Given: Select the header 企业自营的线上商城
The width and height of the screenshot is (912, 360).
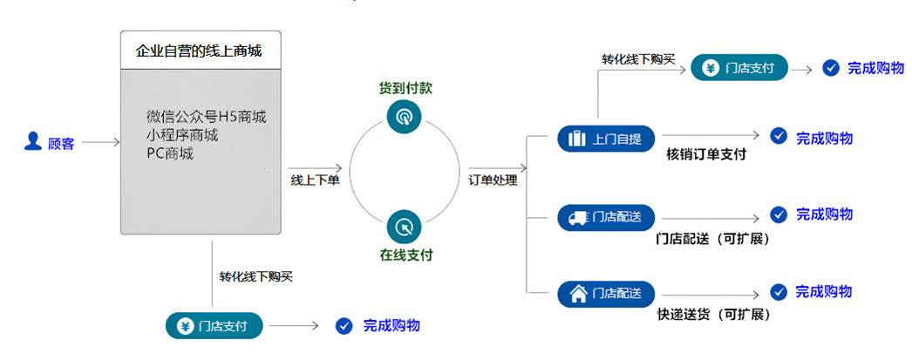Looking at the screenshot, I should click(200, 51).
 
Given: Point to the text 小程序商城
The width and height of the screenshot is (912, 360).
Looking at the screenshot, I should click(182, 135).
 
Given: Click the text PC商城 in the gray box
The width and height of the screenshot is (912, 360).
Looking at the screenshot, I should click(170, 153).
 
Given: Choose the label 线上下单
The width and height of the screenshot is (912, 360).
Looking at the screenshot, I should click(314, 180).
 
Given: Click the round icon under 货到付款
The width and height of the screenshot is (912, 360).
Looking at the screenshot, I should click(404, 116).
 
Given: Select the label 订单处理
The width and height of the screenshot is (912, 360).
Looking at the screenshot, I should click(493, 180).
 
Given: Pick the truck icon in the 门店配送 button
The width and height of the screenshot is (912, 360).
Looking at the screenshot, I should click(577, 217).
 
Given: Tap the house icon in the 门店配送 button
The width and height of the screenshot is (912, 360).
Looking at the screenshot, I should click(577, 294).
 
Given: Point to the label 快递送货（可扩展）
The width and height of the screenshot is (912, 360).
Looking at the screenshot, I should click(713, 315).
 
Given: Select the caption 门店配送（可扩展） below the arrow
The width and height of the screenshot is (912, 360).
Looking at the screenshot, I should click(713, 238).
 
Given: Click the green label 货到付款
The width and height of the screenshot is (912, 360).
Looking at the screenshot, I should click(405, 88).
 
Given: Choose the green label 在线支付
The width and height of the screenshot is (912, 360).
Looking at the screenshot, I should click(405, 255).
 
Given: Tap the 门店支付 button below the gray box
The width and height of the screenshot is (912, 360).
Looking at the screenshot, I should click(214, 326).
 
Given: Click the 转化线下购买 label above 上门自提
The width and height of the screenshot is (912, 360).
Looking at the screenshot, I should click(638, 59).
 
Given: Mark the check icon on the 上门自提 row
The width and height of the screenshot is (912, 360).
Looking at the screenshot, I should click(779, 136).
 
